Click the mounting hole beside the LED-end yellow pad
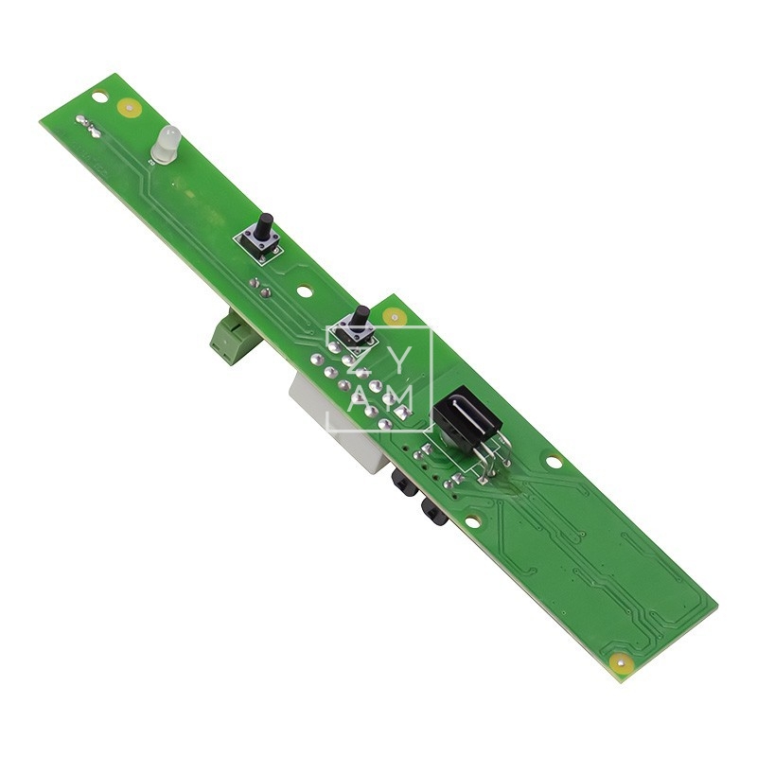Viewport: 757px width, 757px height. pos(99,96)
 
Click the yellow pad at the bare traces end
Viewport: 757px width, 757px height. pos(621,662)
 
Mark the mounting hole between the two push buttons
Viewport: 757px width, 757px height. pos(304,293)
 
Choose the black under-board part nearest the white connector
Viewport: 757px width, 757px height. pos(402,483)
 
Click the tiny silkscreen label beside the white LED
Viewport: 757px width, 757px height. pos(151,162)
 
